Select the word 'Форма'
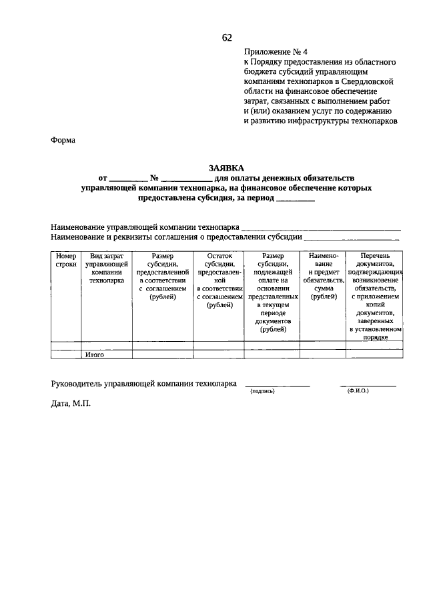pos(63,140)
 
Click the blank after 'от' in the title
pos(128,179)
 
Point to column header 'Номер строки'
pos(66,260)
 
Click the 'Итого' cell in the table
pos(94,355)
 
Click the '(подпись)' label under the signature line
pos(262,392)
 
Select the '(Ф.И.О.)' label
pos(358,391)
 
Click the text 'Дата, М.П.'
pos(70,404)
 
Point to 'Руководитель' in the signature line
pos(75,384)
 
